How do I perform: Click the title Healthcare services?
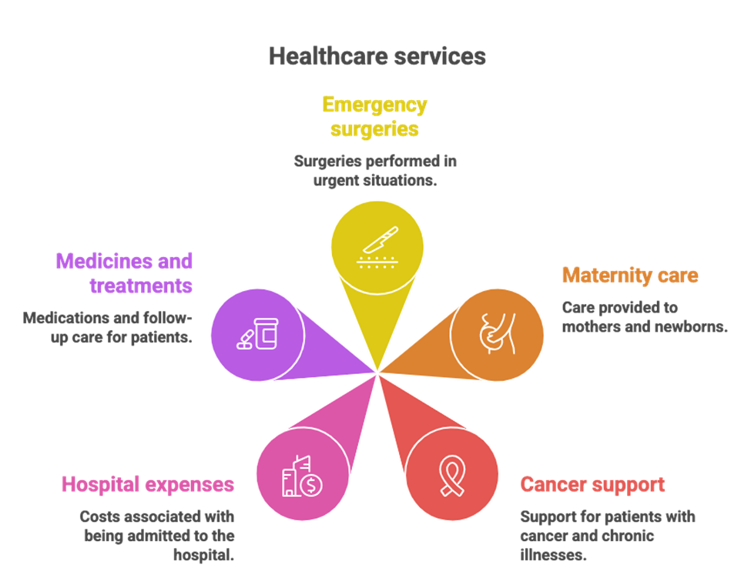[x=377, y=56]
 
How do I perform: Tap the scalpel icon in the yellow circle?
[x=377, y=248]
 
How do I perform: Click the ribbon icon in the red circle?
[x=448, y=476]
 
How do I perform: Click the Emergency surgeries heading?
[x=375, y=116]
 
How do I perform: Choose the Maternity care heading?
[x=629, y=276]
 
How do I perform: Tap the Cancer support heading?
[x=592, y=485]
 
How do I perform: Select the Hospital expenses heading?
[x=148, y=485]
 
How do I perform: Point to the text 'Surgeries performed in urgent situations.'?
[x=375, y=171]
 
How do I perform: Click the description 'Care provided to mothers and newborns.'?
[x=644, y=317]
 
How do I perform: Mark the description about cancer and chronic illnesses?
[x=607, y=536]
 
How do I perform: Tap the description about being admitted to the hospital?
[x=158, y=536]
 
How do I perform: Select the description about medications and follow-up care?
[x=108, y=327]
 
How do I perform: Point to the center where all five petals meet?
[x=377, y=373]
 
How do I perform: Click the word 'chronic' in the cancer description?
[x=626, y=536]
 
